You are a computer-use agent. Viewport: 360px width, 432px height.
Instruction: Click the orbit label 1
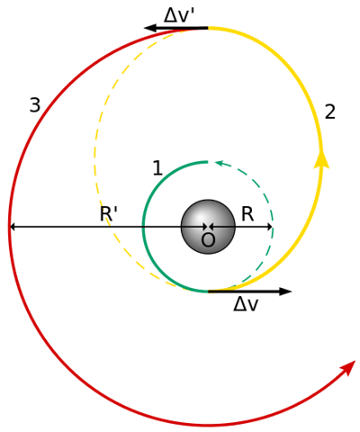157,167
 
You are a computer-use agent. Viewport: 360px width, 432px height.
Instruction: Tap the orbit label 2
330,112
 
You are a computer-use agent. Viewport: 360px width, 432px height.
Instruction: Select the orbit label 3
34,105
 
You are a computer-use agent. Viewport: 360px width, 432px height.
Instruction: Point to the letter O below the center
208,240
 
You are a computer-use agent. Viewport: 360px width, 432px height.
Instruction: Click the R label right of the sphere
247,214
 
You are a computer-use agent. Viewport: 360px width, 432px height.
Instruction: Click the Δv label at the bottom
246,305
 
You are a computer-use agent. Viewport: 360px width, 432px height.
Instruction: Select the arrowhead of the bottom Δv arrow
285,292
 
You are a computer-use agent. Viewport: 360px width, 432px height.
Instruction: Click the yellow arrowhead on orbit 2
319,159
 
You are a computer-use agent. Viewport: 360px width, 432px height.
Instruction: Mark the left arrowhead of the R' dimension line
13,227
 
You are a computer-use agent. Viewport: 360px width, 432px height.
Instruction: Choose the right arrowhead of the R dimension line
269,227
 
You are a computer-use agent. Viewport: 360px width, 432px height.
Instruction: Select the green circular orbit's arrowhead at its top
220,163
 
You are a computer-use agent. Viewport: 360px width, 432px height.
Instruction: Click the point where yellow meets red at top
208,29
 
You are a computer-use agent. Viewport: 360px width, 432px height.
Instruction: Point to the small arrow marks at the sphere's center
208,227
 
